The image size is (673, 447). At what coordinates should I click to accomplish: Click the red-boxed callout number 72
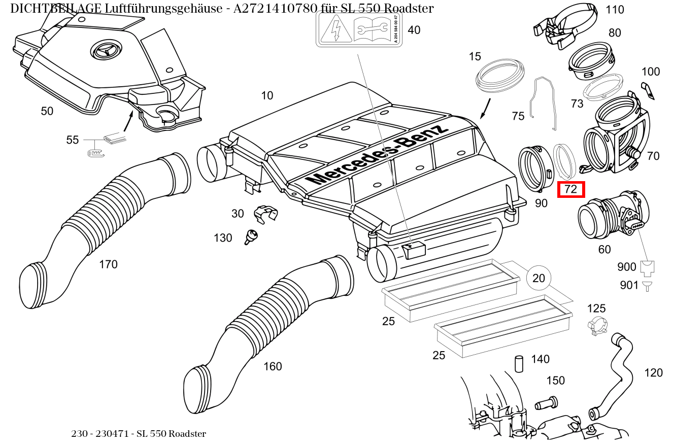tap(571, 189)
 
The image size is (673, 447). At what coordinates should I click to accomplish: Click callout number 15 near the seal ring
tap(475, 56)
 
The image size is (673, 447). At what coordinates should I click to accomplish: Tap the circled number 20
tap(539, 278)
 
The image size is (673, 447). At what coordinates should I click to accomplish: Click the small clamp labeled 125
tap(597, 326)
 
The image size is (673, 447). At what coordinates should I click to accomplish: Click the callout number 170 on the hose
tap(108, 264)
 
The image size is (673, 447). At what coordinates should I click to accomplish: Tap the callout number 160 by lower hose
tap(273, 366)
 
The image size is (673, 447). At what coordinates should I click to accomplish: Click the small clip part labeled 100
tap(647, 91)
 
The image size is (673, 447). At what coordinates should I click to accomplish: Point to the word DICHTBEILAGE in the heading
tap(56, 8)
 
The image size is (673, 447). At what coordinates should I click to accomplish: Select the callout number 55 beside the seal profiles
tap(73, 140)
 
